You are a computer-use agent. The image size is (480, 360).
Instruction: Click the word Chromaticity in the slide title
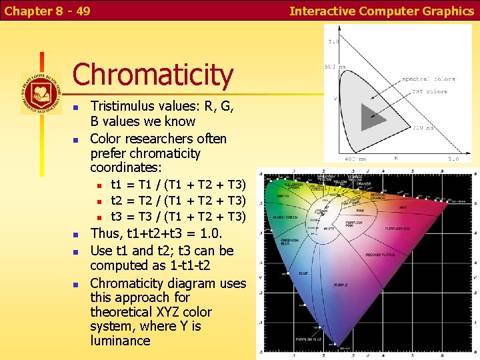point(153,75)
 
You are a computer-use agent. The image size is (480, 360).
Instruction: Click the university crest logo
point(41,93)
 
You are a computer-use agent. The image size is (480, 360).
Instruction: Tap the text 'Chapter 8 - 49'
point(47,11)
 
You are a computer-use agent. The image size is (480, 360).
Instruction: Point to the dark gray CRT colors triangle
point(372,117)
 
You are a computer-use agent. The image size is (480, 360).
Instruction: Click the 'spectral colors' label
point(428,79)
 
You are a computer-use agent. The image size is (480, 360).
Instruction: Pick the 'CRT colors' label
point(428,91)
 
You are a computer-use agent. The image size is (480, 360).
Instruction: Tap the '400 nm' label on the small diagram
point(356,159)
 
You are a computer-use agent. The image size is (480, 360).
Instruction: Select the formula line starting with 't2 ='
point(178,201)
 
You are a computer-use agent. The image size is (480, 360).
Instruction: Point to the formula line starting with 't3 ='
point(178,217)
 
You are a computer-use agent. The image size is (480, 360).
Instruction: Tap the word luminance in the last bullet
point(120,341)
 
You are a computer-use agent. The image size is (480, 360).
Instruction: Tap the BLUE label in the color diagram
point(303,273)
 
